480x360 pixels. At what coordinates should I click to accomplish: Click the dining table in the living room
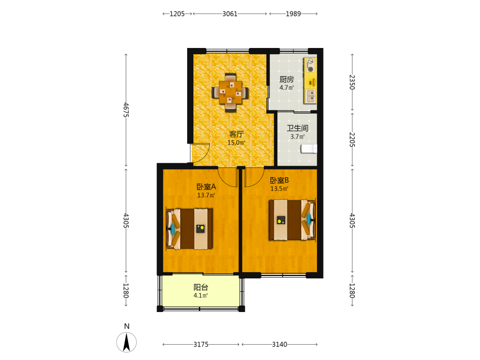[230, 92]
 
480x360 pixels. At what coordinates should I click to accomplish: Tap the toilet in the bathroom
[309, 149]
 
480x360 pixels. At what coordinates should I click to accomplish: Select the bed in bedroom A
[189, 228]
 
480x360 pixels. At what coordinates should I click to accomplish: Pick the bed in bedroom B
[292, 220]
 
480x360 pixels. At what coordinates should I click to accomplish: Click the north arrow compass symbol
[126, 342]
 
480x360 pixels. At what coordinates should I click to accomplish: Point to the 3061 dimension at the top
[230, 14]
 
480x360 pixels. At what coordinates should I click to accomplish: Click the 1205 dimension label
[177, 14]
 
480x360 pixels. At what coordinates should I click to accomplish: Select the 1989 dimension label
[293, 14]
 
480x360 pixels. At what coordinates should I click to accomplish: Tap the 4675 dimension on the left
[126, 109]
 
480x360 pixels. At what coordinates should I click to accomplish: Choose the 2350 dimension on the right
[352, 82]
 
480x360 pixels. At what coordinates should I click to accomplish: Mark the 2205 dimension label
[352, 140]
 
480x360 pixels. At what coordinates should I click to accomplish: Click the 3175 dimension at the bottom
[201, 344]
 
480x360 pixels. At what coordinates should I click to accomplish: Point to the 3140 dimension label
[279, 344]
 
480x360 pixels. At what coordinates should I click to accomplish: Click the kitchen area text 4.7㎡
[287, 87]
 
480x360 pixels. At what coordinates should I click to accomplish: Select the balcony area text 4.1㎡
[201, 295]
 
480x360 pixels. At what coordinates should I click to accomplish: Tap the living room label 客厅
[236, 134]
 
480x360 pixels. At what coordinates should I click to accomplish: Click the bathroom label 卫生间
[297, 128]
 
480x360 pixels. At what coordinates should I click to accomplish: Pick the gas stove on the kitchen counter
[311, 65]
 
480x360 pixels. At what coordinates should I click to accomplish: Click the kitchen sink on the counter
[311, 96]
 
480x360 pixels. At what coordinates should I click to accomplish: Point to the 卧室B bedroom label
[279, 180]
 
